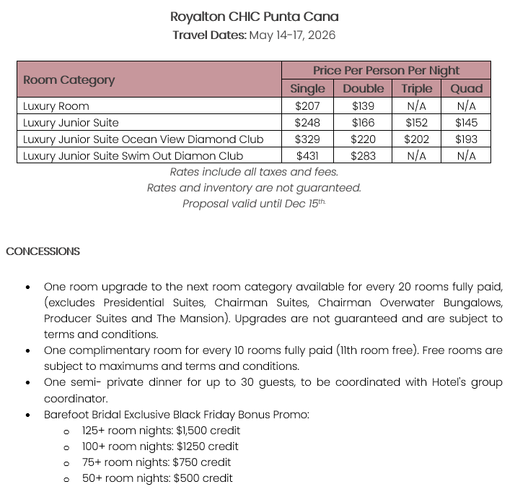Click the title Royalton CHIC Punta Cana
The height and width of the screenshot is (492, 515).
(x=254, y=16)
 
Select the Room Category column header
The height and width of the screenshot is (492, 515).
(x=69, y=79)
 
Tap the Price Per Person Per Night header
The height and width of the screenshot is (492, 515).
(x=386, y=70)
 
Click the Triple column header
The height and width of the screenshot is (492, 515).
(x=417, y=88)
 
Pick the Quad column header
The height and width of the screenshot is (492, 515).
(x=467, y=88)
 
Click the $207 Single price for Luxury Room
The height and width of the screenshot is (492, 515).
(x=307, y=105)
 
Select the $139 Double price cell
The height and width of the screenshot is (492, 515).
(x=363, y=105)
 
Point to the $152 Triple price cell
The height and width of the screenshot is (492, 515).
(x=417, y=122)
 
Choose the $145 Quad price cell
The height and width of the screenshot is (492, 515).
(x=467, y=122)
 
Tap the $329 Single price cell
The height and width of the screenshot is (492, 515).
(x=307, y=139)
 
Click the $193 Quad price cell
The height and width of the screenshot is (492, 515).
(x=467, y=139)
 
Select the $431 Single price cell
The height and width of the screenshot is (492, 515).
(x=307, y=155)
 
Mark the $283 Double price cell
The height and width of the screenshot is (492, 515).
(x=363, y=155)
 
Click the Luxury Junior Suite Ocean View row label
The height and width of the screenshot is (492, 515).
(x=143, y=139)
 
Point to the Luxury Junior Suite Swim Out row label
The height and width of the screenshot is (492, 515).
(x=133, y=155)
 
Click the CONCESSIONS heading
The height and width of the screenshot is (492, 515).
(x=43, y=251)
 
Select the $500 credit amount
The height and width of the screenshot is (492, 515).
(x=203, y=478)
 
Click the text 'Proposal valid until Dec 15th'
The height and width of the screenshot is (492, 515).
(x=254, y=204)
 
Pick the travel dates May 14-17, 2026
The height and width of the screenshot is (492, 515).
(x=292, y=35)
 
